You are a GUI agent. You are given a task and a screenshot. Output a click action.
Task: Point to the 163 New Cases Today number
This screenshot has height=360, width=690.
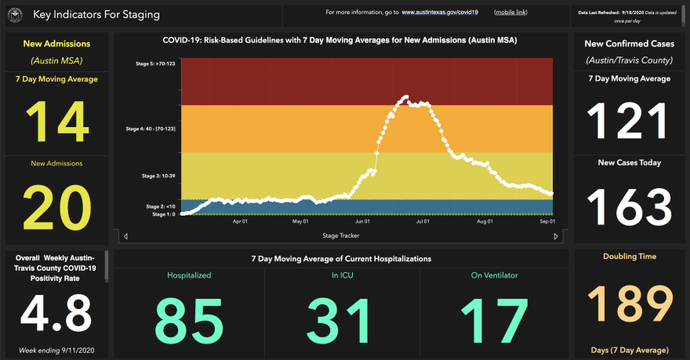click(x=629, y=207)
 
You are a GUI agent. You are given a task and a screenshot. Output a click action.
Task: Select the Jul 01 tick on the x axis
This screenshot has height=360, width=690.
click(x=422, y=222)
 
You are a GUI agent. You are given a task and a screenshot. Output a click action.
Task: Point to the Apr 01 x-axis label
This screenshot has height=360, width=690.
click(x=240, y=222)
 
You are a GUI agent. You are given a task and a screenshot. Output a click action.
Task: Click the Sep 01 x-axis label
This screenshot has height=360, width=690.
click(x=546, y=222)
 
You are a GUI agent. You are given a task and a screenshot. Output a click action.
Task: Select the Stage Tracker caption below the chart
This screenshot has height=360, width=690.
click(x=340, y=235)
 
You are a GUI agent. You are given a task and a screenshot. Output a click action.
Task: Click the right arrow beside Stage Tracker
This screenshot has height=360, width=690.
click(x=557, y=236)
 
